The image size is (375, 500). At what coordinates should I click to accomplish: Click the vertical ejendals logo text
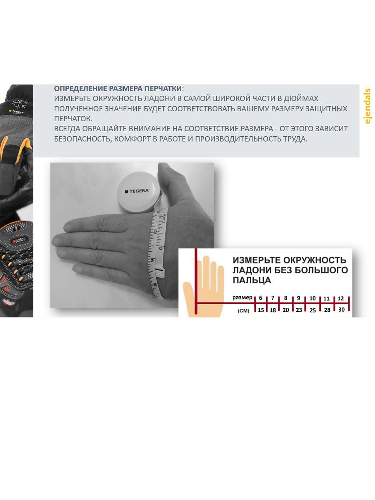coord(367,106)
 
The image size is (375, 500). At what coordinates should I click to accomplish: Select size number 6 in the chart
coord(260,298)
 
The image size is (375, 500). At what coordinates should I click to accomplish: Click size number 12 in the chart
coord(340,298)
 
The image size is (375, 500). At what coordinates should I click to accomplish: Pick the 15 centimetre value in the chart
coord(261,310)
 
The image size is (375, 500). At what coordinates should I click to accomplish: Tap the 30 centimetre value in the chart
coord(341,310)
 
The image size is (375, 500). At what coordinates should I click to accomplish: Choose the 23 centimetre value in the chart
coord(299,310)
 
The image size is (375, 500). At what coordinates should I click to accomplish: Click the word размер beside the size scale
coord(242,297)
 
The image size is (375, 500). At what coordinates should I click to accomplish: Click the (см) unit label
coord(243,311)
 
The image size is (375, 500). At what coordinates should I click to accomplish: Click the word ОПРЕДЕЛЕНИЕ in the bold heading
coord(80,89)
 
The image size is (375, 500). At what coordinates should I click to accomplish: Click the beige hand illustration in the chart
coord(204,287)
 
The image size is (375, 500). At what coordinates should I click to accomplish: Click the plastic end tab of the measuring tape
coord(160,272)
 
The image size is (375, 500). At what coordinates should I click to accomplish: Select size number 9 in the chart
coord(298,298)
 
